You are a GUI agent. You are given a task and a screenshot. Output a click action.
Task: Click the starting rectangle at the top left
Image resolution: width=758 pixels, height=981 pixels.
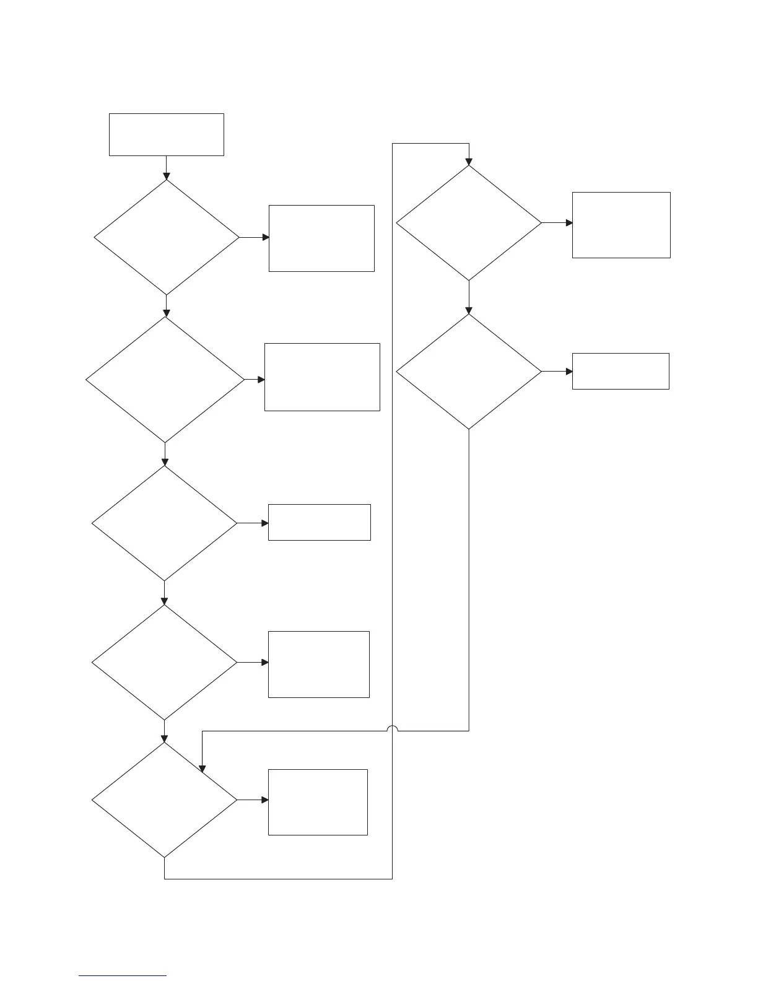(x=166, y=134)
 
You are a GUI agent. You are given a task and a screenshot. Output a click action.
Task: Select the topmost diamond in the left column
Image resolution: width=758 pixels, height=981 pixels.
(x=166, y=237)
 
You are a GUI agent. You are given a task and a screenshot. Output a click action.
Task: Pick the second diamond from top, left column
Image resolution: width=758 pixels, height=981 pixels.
(x=165, y=380)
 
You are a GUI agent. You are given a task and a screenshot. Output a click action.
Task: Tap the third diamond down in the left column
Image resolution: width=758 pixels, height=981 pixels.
(x=165, y=523)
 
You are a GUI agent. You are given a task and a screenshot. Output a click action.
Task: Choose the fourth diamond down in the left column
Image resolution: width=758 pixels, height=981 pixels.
(x=165, y=662)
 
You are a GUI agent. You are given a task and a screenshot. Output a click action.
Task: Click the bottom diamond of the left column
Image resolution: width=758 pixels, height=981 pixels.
(x=165, y=800)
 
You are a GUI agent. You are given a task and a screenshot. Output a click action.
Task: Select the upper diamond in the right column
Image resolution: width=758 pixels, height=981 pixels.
(x=469, y=223)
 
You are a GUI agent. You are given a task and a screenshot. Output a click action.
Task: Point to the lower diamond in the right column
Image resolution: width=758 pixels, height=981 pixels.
(x=469, y=372)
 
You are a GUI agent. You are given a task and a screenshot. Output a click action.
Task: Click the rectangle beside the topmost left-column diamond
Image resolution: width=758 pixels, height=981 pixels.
(x=321, y=238)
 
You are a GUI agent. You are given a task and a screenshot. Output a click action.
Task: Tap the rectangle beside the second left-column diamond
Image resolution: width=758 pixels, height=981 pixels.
(x=322, y=377)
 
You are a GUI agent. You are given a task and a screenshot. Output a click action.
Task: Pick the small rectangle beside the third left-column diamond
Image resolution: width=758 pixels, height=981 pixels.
(x=320, y=523)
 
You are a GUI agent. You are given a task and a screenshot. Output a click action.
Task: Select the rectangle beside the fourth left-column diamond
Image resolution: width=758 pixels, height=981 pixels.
(x=319, y=665)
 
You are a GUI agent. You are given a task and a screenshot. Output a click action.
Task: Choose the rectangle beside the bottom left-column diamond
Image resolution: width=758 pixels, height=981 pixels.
(x=318, y=802)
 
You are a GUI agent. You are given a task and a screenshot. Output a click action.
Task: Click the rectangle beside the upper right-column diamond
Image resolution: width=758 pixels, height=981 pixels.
(x=621, y=225)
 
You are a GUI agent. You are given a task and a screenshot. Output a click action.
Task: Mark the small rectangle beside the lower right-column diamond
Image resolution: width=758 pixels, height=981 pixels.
(x=621, y=371)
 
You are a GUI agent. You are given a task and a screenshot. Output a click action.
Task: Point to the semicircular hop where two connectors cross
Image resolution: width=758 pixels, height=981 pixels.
(x=392, y=728)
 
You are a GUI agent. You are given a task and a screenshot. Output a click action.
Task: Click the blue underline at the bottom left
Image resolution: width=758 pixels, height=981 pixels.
(x=123, y=976)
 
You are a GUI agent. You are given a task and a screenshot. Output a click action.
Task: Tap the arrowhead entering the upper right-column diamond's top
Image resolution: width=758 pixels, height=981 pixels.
(x=469, y=162)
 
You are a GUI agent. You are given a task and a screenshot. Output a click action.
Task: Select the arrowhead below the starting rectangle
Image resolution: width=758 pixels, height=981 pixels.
(x=166, y=177)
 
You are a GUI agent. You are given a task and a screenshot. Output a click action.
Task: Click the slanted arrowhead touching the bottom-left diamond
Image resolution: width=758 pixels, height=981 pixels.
(x=201, y=769)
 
